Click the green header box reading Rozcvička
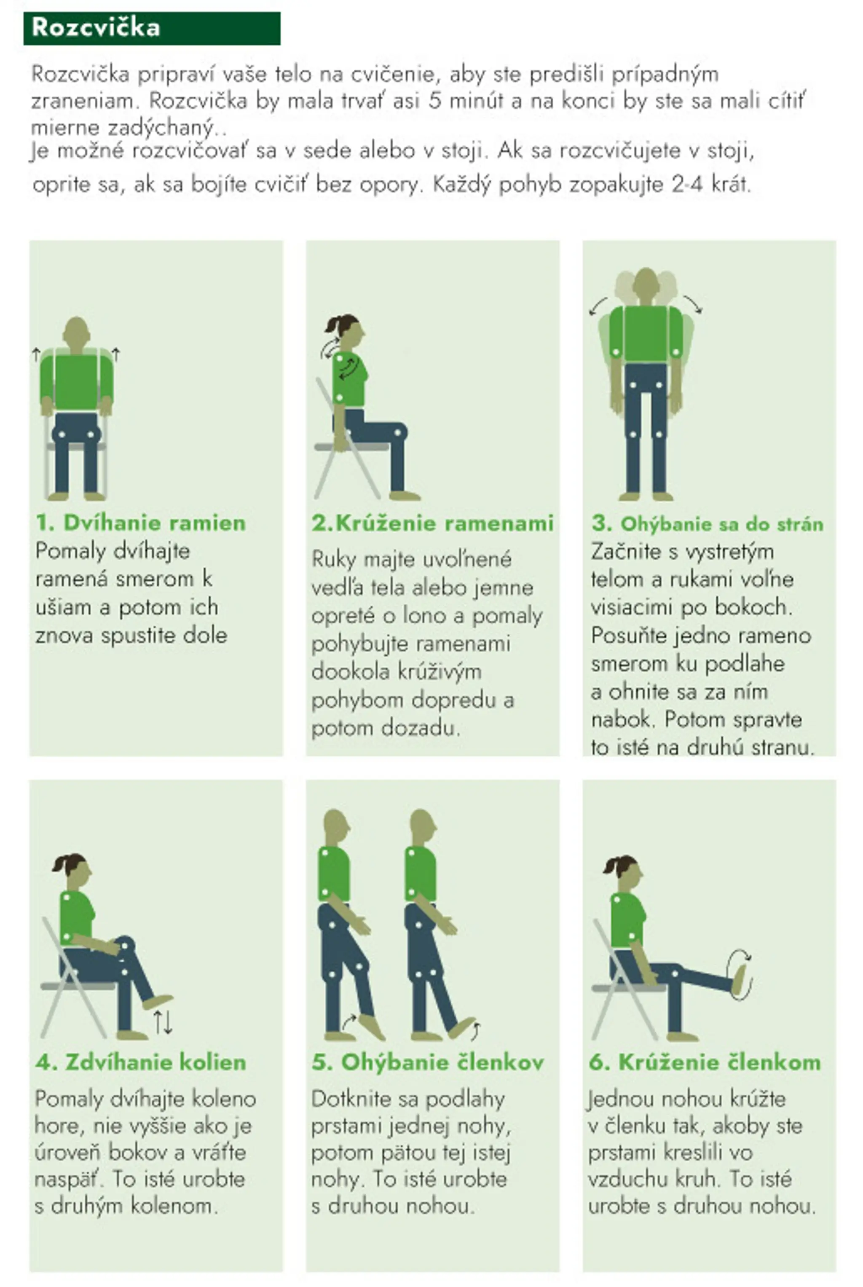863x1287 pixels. (152, 28)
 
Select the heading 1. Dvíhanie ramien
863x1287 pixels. (141, 523)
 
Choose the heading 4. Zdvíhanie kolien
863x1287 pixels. (141, 1062)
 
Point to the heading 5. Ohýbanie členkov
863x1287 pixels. (428, 1062)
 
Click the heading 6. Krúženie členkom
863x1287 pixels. (705, 1062)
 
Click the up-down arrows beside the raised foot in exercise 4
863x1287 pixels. (163, 1022)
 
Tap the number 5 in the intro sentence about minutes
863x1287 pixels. (435, 101)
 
